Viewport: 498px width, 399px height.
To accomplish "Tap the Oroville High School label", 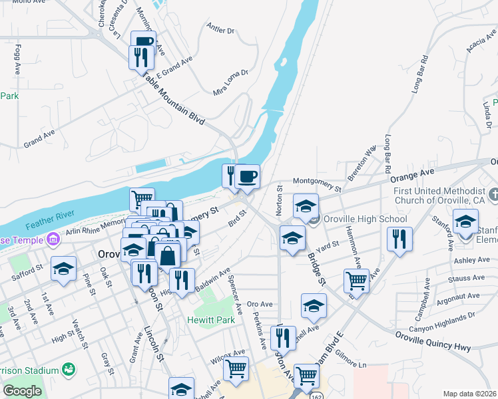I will [x=365, y=219].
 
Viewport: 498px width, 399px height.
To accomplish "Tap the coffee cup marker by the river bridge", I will [x=248, y=176].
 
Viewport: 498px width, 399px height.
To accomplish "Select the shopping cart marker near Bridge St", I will [x=357, y=281].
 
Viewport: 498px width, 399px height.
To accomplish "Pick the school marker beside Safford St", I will [x=63, y=269].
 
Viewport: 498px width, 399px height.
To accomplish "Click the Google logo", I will [x=22, y=391].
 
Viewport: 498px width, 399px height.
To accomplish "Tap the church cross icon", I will [x=493, y=195].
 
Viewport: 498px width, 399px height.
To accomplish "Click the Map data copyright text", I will [x=469, y=394].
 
